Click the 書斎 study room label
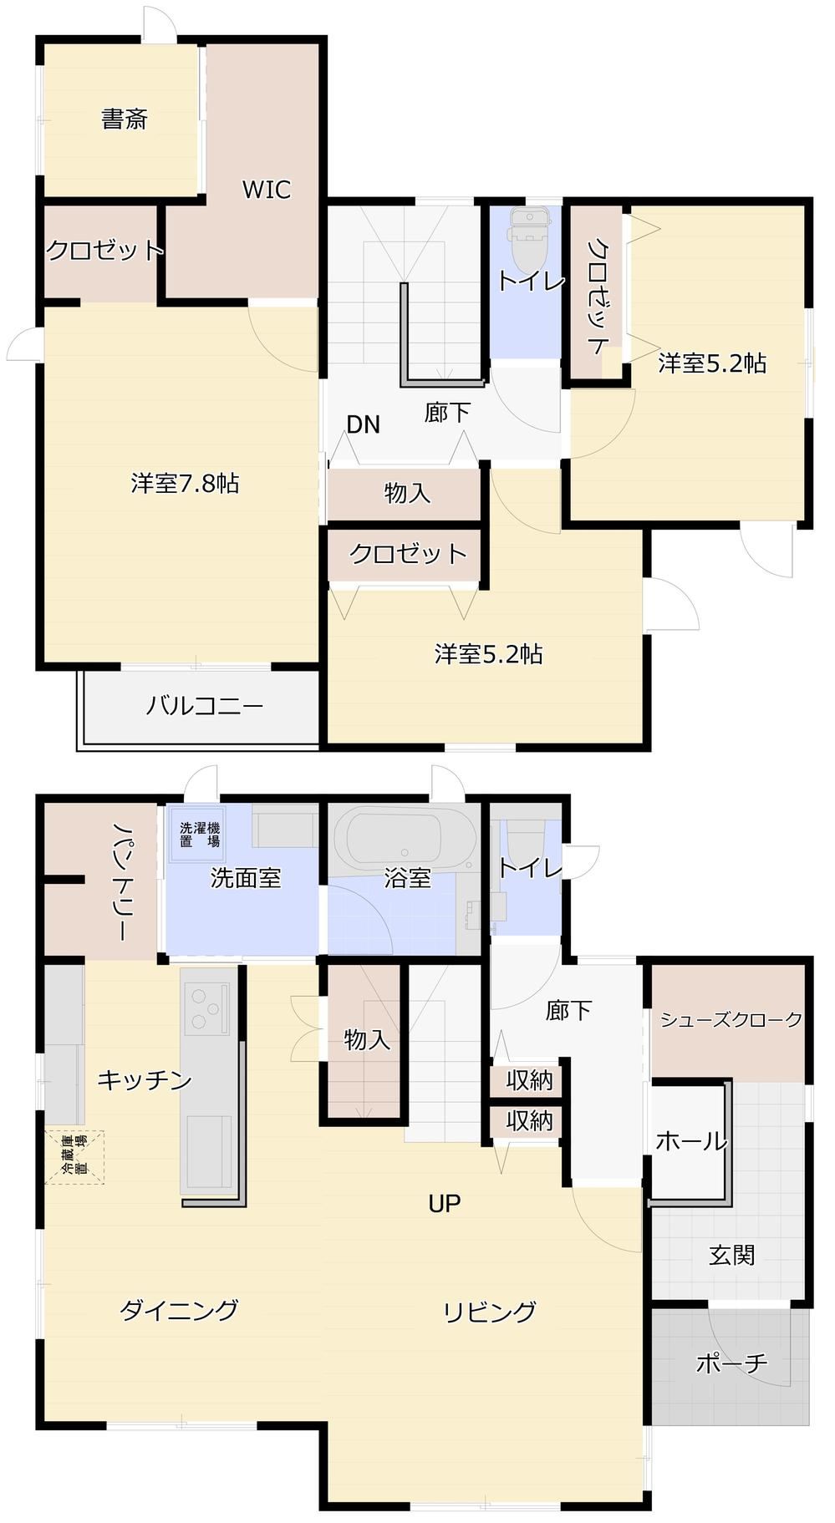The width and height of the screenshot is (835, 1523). point(125,119)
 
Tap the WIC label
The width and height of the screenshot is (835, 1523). point(267,190)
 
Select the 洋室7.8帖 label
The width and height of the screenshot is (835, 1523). point(185,483)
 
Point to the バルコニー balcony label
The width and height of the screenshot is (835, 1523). point(205,706)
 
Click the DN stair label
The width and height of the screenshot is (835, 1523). point(364,424)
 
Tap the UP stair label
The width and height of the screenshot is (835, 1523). point(445,1203)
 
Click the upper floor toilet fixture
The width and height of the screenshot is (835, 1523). point(528,237)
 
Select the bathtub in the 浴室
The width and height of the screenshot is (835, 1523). point(394,839)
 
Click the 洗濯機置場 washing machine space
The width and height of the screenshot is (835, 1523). point(200,835)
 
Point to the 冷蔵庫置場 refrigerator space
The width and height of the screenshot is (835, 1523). point(74,1157)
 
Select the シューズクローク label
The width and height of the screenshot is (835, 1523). point(731,1019)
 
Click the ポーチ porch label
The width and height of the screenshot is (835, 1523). point(732,1363)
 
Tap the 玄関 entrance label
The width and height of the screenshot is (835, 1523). point(733,1255)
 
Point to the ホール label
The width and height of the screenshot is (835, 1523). point(691,1140)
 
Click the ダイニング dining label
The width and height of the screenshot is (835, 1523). point(180,1309)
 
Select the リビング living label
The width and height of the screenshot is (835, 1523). point(490,1312)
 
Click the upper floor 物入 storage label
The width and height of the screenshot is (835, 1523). point(408,493)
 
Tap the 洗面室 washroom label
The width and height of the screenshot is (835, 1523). point(246,878)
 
